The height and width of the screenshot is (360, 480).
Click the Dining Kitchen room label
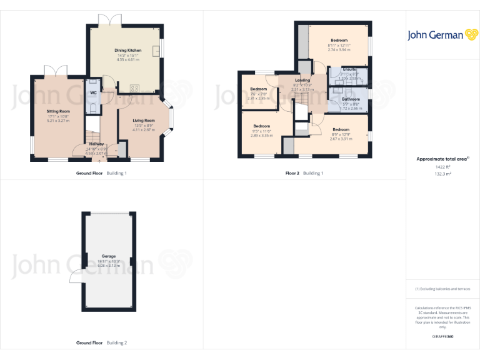point(127,50)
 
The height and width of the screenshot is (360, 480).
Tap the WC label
point(93,92)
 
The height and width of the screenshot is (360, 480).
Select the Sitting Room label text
point(57,111)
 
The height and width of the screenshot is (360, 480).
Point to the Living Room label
point(144,120)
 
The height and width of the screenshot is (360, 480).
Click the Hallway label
point(96,144)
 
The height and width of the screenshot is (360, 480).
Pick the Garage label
point(109,256)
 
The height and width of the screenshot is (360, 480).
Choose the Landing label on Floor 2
point(302,81)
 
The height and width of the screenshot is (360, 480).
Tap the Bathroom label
point(351,99)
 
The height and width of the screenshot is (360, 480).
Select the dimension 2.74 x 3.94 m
point(339,49)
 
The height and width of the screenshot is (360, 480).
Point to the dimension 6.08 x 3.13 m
point(109,266)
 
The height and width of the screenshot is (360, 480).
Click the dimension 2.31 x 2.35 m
point(258,98)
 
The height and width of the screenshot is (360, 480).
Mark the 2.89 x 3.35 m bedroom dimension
point(261,135)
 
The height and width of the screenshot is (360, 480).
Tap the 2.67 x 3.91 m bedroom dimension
point(341,139)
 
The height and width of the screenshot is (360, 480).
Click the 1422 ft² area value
point(443,167)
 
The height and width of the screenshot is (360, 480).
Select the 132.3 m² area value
point(443,174)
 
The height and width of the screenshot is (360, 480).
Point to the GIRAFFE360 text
point(443,337)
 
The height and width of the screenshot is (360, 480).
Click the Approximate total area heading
point(442,159)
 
